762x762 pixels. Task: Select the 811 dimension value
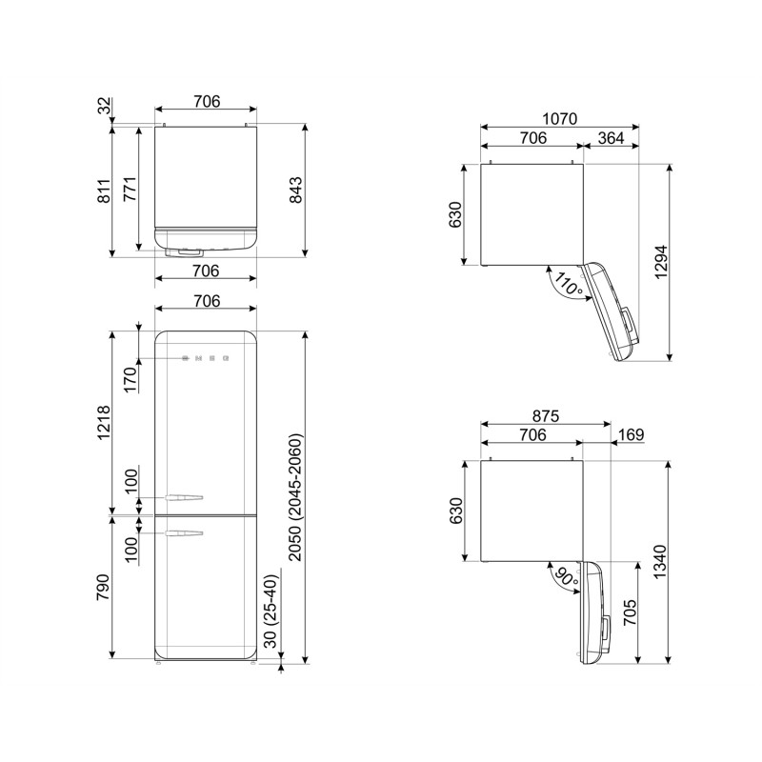[102, 190]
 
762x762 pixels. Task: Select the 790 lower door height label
[102, 587]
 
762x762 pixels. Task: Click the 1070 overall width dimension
[559, 120]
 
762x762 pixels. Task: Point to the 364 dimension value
[611, 139]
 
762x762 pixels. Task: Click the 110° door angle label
[569, 284]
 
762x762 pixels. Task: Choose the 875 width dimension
[531, 416]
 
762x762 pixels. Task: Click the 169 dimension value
[630, 435]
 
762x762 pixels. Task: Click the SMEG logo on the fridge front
[206, 359]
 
